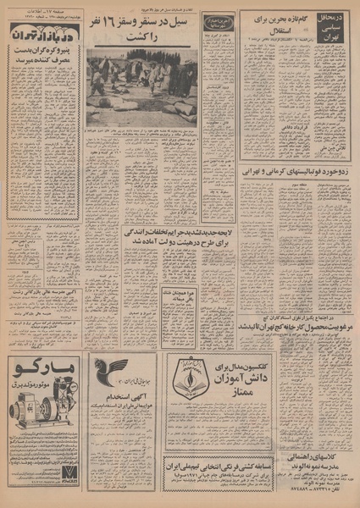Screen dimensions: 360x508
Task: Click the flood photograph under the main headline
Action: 142,86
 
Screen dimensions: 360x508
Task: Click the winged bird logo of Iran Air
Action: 111,373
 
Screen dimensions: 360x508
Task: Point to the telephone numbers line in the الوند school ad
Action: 302,492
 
